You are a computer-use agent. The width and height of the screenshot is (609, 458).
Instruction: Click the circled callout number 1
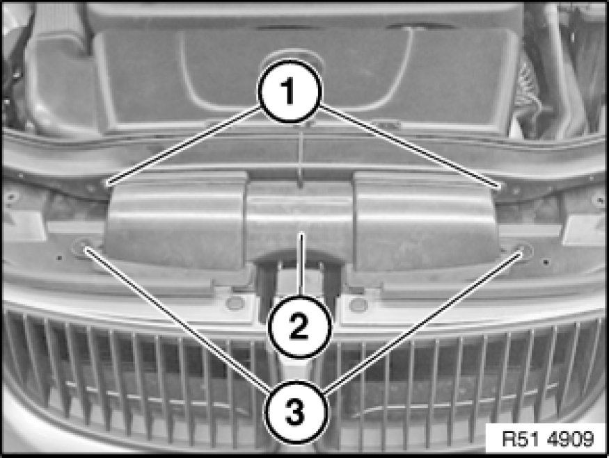290,92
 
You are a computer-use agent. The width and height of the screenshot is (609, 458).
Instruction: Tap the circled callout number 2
299,327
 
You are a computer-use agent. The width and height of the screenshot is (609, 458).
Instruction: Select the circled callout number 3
295,411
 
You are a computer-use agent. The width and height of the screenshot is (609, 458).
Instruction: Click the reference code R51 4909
548,439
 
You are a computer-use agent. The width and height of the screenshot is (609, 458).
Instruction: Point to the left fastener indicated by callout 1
109,182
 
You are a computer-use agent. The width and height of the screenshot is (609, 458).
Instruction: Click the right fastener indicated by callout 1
499,186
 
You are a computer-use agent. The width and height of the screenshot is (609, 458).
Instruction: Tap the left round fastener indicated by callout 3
82,247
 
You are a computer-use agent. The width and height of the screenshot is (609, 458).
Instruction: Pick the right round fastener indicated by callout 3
523,250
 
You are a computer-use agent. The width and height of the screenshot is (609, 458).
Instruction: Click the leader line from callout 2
300,263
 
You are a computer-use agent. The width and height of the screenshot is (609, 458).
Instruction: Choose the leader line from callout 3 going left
177,319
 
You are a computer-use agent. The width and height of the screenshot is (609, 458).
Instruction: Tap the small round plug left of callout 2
235,303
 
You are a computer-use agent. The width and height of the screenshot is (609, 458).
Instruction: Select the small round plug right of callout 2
359,304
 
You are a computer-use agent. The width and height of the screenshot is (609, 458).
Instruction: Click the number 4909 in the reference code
571,439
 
